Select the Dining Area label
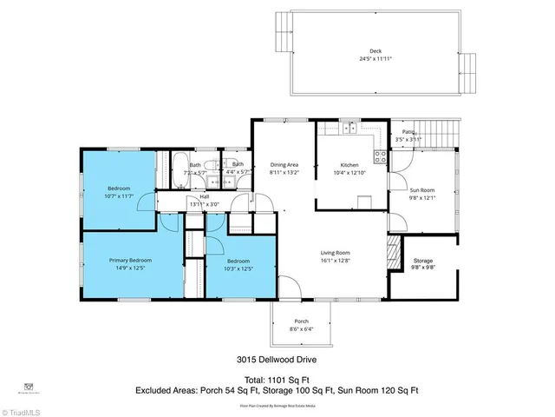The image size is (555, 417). (x=284, y=164)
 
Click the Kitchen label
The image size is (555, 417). (x=349, y=164)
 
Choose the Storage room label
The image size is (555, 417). (x=422, y=261)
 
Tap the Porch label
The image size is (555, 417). (x=301, y=321)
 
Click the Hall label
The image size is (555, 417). (x=205, y=197)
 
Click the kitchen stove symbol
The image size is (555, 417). (x=379, y=157)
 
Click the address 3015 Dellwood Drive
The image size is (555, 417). (x=277, y=358)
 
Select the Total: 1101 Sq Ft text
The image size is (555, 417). (x=277, y=380)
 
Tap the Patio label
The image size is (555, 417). (x=408, y=132)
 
